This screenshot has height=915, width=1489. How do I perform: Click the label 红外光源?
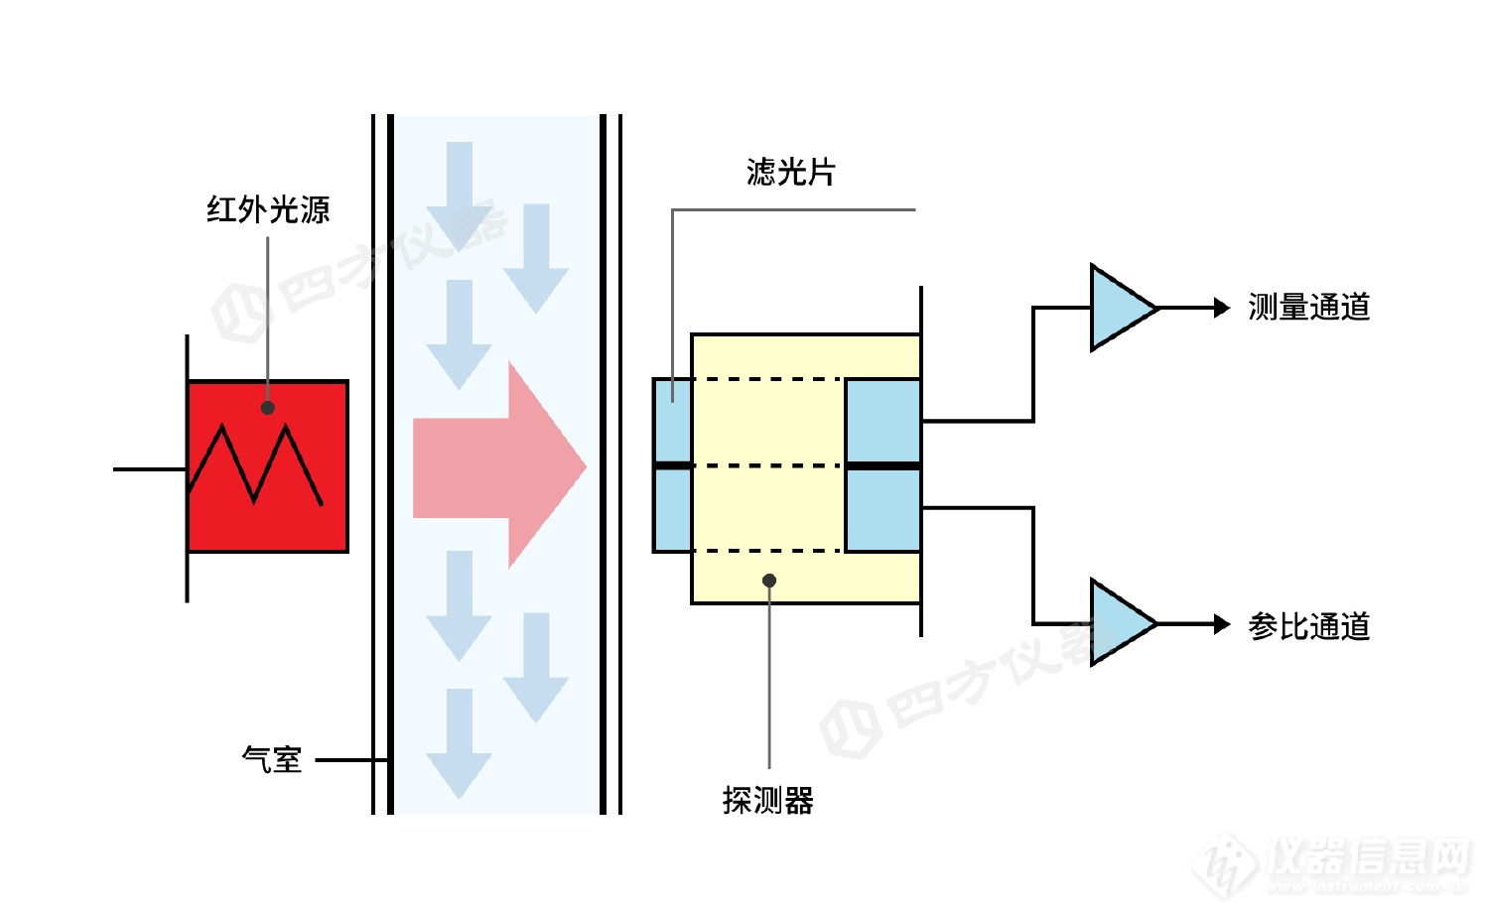pyautogui.click(x=268, y=209)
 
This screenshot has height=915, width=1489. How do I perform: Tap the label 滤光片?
pyautogui.click(x=790, y=172)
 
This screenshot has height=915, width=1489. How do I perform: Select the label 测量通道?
pyautogui.click(x=1308, y=308)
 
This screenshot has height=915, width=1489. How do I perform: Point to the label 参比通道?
pyautogui.click(x=1308, y=626)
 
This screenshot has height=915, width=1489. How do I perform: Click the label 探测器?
pyautogui.click(x=767, y=800)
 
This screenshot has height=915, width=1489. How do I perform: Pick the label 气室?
pyautogui.click(x=271, y=759)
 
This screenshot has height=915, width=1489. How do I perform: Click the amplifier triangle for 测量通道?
pyautogui.click(x=1118, y=308)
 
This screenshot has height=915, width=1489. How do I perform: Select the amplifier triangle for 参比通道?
pyautogui.click(x=1118, y=622)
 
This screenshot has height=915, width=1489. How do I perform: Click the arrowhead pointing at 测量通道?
pyautogui.click(x=1222, y=308)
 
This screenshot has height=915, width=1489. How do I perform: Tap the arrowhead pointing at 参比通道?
pyautogui.click(x=1222, y=624)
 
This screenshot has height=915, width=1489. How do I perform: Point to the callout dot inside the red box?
pyautogui.click(x=268, y=408)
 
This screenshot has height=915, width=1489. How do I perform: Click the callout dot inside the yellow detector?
pyautogui.click(x=769, y=581)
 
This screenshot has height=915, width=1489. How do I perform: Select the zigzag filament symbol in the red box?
pyautogui.click(x=255, y=464)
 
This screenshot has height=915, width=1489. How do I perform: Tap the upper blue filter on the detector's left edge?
pyautogui.click(x=672, y=420)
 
